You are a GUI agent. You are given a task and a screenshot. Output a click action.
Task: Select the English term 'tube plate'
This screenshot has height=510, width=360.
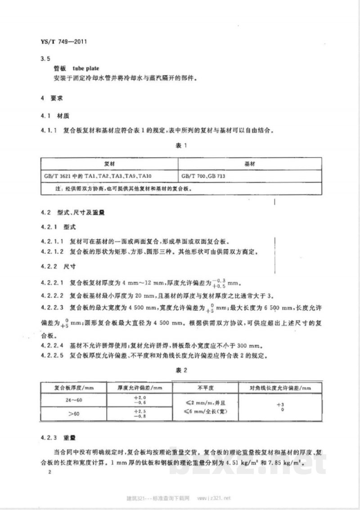[x=85, y=69]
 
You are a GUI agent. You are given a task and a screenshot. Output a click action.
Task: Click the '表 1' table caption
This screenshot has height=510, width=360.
[x=180, y=146]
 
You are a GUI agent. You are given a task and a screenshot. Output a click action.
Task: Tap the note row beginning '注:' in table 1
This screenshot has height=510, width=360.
[x=121, y=189]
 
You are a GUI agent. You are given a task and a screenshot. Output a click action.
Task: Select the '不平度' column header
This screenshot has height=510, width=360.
[x=205, y=388]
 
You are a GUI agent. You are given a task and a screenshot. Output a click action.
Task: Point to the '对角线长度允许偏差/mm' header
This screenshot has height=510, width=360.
[x=280, y=388]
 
